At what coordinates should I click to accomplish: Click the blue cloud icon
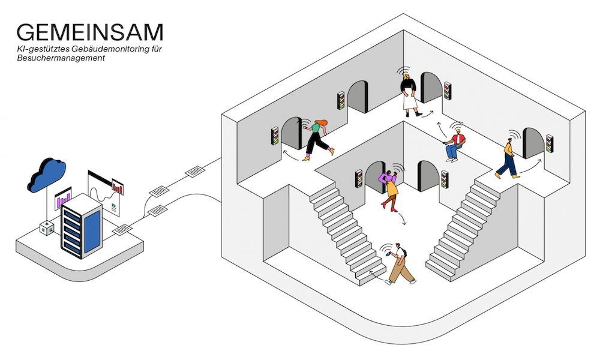(x=47, y=175)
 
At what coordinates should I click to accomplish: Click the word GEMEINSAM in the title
(x=90, y=32)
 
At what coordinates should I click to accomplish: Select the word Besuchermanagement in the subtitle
(x=61, y=58)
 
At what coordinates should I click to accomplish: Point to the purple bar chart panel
(x=63, y=198)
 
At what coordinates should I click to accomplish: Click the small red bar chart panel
(x=118, y=187)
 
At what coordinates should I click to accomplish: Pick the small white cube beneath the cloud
(x=47, y=228)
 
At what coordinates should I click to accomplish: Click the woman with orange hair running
(x=317, y=140)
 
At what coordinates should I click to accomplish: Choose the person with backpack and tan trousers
(x=399, y=264)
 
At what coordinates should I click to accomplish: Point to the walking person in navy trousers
(x=508, y=159)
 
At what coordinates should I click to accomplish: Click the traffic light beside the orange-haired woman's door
(x=275, y=136)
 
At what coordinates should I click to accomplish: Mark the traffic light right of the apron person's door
(x=448, y=90)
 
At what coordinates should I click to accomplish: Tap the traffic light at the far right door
(x=550, y=143)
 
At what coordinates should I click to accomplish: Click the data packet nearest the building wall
(x=195, y=171)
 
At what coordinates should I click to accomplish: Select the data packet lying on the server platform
(x=122, y=230)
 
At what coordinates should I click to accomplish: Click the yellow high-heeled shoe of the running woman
(x=331, y=151)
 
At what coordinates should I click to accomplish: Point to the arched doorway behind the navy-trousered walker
(x=533, y=143)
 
